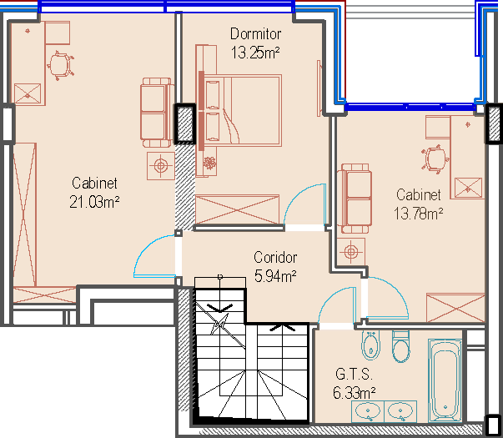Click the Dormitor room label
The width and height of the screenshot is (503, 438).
point(255,34)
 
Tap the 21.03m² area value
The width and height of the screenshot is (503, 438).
point(94,202)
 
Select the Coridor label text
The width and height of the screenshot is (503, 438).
point(275,257)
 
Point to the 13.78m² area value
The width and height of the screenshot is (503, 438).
point(418,214)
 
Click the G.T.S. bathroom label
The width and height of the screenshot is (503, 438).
point(354,374)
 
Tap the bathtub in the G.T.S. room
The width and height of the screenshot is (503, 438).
point(445,380)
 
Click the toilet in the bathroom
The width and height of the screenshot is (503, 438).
point(400,346)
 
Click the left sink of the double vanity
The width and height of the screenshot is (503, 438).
point(368,411)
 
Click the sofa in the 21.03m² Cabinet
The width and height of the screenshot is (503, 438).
point(157,113)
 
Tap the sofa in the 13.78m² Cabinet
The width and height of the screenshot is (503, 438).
point(355,199)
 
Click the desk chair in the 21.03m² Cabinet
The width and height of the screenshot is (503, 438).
point(60,65)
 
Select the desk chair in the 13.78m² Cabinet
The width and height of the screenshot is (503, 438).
point(435,159)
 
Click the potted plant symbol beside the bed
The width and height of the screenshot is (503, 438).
point(210,163)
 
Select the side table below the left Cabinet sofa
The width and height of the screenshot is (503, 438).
point(161,166)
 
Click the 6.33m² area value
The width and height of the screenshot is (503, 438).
point(355,393)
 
